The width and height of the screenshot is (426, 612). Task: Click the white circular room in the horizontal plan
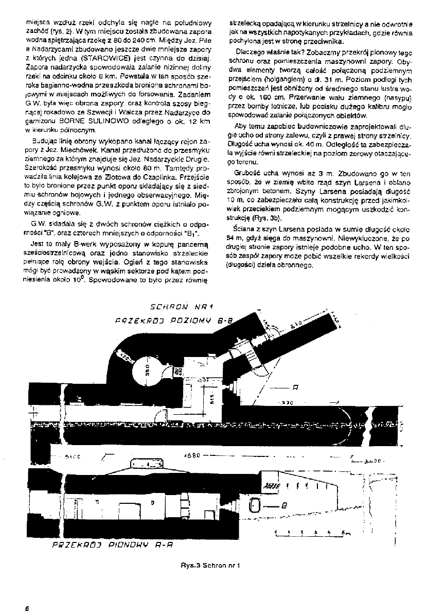[146, 370]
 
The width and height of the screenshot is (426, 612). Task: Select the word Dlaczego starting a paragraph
[252, 52]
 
